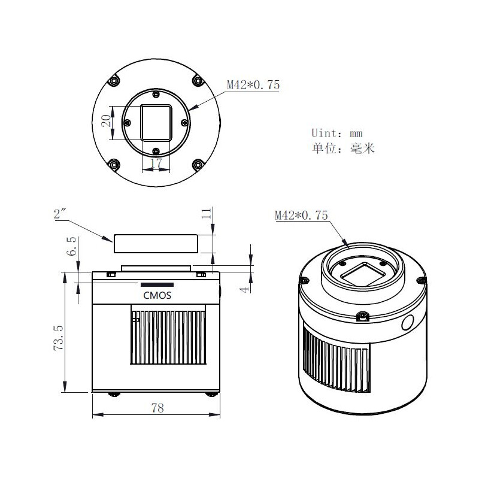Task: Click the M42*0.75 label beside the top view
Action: click(253, 85)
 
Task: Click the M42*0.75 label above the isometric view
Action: click(301, 216)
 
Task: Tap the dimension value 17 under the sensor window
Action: click(156, 163)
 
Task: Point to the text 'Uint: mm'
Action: click(337, 133)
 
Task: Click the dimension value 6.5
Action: click(72, 245)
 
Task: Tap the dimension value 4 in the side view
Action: click(244, 289)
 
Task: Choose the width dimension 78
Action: click(157, 408)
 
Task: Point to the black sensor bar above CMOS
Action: click(157, 284)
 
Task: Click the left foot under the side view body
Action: click(113, 394)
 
